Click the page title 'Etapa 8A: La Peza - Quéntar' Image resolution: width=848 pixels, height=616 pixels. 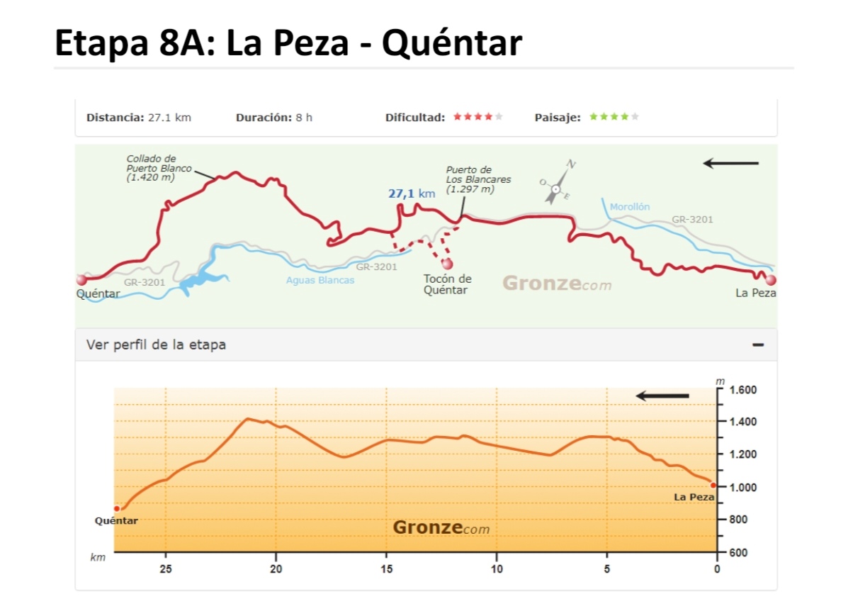(288, 44)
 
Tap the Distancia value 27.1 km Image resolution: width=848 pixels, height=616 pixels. (169, 118)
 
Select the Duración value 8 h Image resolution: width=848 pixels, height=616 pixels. (304, 118)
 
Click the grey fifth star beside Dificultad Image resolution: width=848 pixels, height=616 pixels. (499, 117)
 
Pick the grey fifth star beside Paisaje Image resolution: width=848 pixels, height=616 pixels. (635, 117)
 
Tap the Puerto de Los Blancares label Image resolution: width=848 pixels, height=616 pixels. (477, 179)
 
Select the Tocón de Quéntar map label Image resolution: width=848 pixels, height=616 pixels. (447, 284)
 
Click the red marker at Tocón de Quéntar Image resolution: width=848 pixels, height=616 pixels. (447, 264)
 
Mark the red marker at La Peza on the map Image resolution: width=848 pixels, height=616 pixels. (770, 280)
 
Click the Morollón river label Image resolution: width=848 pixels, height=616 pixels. (629, 207)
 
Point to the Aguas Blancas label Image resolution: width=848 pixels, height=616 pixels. (320, 280)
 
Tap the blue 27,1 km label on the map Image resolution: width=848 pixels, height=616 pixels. (412, 194)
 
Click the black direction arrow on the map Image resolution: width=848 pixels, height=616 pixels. (730, 164)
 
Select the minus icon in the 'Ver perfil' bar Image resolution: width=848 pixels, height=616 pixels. (758, 345)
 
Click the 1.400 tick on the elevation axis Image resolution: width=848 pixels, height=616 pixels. (742, 422)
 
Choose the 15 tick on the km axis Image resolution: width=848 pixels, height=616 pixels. (387, 569)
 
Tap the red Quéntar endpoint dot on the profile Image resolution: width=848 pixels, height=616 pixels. (117, 508)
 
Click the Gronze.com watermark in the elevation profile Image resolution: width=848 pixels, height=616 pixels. (441, 528)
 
